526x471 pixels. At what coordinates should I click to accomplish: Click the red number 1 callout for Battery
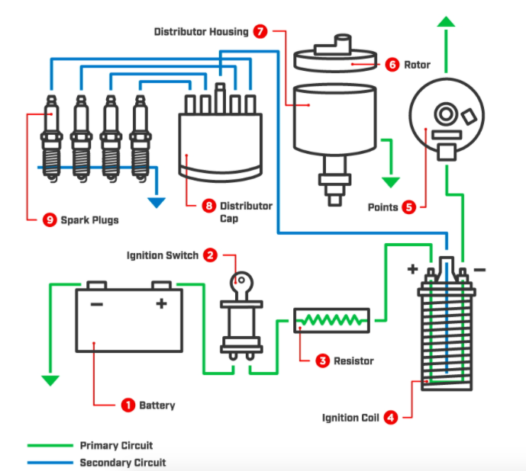pyautogui.click(x=128, y=405)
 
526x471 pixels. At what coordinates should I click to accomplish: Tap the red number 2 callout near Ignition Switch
pyautogui.click(x=210, y=255)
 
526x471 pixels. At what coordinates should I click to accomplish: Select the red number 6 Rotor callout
pyautogui.click(x=392, y=65)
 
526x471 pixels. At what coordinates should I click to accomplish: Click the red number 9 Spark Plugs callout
pyautogui.click(x=50, y=219)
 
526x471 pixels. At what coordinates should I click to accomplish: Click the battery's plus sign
pyautogui.click(x=161, y=303)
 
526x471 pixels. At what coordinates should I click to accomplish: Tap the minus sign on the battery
pyautogui.click(x=96, y=303)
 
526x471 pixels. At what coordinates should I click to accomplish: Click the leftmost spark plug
pyautogui.click(x=50, y=137)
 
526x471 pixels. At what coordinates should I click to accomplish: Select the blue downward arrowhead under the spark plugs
pyautogui.click(x=157, y=202)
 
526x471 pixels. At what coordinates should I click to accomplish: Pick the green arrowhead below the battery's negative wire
pyautogui.click(x=50, y=380)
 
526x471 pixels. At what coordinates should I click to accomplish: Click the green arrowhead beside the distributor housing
pyautogui.click(x=391, y=182)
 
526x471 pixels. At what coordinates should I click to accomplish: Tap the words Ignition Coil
pyautogui.click(x=350, y=418)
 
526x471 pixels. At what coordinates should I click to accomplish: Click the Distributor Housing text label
pyautogui.click(x=201, y=32)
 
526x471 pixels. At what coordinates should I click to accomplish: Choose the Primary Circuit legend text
pyautogui.click(x=116, y=445)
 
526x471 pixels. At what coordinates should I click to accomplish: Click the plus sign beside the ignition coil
pyautogui.click(x=412, y=269)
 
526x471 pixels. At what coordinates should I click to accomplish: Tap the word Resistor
pyautogui.click(x=353, y=360)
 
